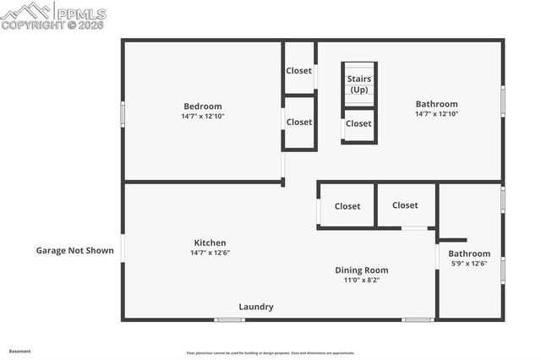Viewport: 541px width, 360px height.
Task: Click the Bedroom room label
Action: pos(203,106)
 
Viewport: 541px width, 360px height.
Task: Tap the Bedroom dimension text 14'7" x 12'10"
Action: pos(203,116)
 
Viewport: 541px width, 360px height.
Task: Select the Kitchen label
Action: pos(210,243)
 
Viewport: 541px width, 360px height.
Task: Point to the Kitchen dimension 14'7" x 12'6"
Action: pos(210,253)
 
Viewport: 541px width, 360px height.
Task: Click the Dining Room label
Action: pos(361,270)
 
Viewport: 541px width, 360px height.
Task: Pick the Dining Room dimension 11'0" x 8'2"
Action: pos(361,281)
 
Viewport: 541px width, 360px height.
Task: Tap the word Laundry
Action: pos(255,307)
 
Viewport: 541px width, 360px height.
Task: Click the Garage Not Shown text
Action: pos(74,250)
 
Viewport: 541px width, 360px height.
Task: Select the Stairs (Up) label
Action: pos(359,84)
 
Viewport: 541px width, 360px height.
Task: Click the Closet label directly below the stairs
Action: pos(358,123)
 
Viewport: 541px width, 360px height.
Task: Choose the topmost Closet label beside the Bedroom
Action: pos(299,71)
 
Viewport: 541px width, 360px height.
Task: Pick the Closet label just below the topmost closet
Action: pos(299,122)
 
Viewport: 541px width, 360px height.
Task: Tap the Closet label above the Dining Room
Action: pos(347,206)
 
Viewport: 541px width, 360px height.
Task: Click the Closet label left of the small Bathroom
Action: pos(405,205)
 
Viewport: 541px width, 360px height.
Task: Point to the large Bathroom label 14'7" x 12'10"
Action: pos(436,104)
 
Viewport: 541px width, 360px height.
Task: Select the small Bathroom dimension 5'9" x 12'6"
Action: pos(469,264)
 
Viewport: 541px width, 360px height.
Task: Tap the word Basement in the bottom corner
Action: pos(19,351)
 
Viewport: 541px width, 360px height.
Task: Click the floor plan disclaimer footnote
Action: pos(270,353)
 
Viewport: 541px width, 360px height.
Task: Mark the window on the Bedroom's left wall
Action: pos(123,113)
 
